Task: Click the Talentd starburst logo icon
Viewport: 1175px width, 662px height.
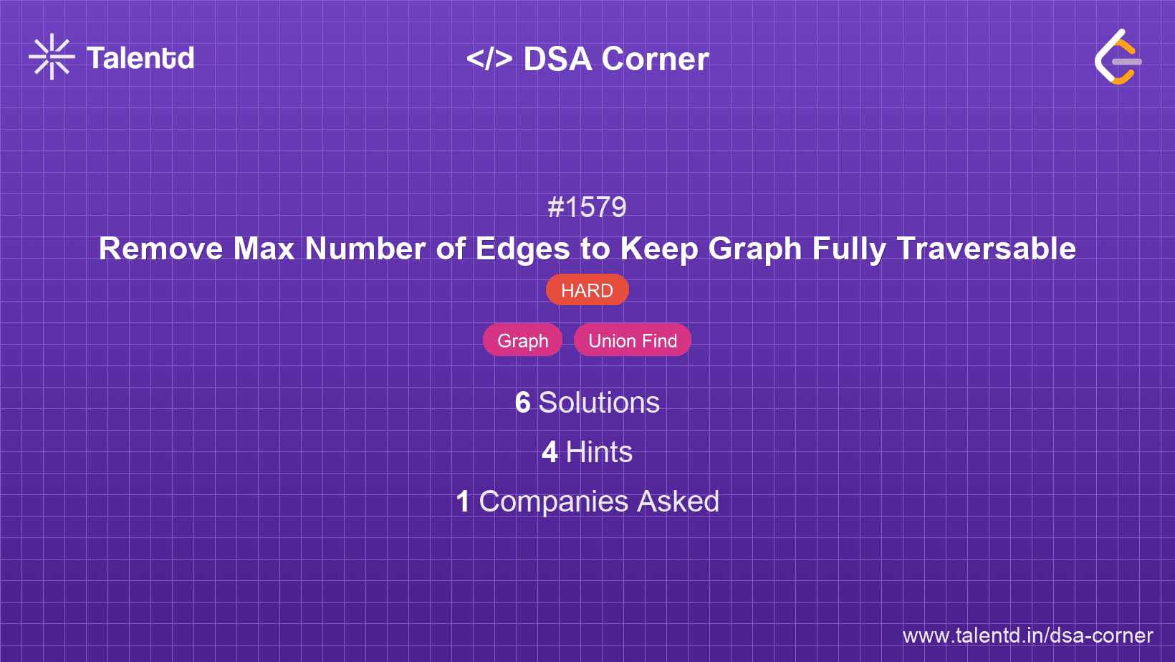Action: (52, 57)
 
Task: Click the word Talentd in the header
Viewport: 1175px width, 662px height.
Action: (140, 58)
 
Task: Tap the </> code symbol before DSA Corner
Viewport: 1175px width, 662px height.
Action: (489, 59)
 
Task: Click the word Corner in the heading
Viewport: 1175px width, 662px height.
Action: (655, 59)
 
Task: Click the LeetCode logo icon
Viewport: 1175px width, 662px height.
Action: (1118, 57)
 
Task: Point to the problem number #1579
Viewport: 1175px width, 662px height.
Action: (587, 208)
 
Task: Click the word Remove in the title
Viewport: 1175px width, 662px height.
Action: (161, 249)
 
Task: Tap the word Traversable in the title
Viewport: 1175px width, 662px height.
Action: (986, 249)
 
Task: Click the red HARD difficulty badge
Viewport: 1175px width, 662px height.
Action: (587, 290)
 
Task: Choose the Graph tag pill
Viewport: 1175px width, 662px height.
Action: (522, 340)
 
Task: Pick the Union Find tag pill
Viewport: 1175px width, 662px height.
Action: (633, 340)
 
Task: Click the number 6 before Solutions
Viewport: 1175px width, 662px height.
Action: (522, 403)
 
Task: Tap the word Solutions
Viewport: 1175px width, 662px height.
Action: (599, 403)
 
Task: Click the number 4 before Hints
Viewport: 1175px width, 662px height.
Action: (550, 452)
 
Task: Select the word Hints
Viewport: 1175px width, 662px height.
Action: (599, 452)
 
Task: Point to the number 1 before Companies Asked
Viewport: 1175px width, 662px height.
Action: (464, 502)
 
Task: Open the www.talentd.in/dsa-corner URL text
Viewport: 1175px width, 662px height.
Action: (1027, 635)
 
